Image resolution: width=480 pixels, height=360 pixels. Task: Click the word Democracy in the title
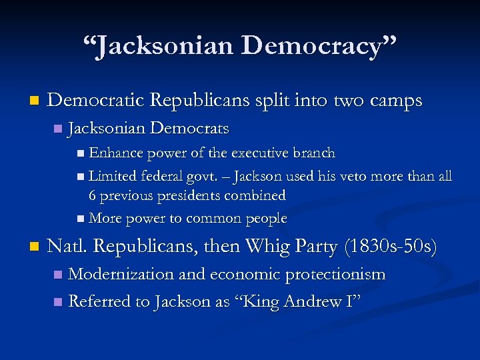tap(319, 47)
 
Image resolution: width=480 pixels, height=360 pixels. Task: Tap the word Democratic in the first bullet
tap(96, 101)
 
